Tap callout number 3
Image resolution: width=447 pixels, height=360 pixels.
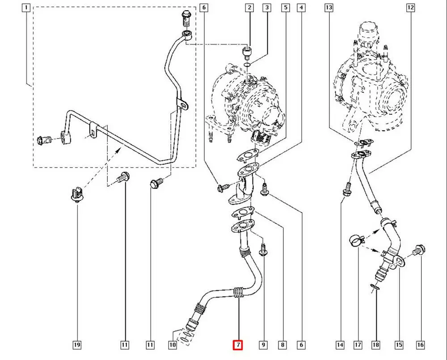pos(267,7)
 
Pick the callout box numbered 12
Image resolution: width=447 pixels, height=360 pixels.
pos(411,7)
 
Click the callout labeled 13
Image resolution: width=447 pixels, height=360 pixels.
pos(329,7)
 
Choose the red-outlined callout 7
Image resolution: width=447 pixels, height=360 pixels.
pos(238,345)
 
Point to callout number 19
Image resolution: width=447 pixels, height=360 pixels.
pos(77,345)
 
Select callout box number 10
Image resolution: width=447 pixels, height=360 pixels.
pos(173,345)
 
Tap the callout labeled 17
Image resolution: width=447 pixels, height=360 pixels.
pos(358,345)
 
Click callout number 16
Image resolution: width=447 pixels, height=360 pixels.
pos(420,345)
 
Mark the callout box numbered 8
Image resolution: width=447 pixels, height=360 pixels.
pos(283,345)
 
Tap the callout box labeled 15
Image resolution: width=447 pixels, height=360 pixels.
pos(399,345)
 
